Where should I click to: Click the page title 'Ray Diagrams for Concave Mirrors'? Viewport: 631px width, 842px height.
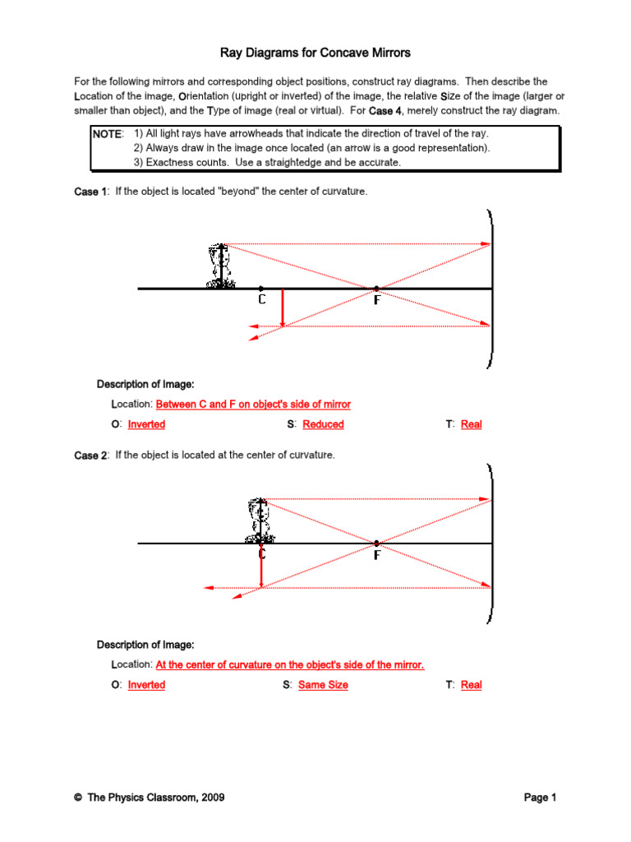(x=315, y=53)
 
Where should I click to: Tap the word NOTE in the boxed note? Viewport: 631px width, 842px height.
(x=108, y=133)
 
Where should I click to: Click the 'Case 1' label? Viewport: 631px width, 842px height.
(x=90, y=192)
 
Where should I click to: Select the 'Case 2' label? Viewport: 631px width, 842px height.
(x=90, y=456)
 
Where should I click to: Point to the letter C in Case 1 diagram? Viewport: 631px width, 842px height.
(x=261, y=301)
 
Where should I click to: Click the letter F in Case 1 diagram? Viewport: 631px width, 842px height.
(x=376, y=301)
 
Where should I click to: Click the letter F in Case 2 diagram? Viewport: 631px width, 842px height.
(x=376, y=556)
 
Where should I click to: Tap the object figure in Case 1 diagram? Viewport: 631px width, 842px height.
(x=219, y=266)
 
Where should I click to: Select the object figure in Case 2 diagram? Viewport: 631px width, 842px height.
(x=260, y=520)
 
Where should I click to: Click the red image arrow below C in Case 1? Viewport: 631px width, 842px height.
(x=282, y=308)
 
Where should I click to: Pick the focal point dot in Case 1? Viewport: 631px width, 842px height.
(x=376, y=289)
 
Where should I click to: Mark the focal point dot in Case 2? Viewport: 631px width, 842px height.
(x=376, y=544)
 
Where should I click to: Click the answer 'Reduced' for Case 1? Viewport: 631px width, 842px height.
(x=323, y=424)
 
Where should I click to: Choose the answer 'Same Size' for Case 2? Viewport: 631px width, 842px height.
(x=323, y=685)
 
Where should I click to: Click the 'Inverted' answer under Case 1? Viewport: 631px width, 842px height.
(x=146, y=424)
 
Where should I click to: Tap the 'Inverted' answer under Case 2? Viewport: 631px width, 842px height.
(x=146, y=685)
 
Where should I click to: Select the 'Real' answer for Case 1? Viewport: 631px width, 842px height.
(x=471, y=424)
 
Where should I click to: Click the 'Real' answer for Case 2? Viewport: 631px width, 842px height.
(x=471, y=685)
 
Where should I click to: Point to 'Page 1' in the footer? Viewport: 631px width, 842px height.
(x=541, y=798)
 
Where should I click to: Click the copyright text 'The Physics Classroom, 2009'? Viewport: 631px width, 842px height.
(x=155, y=798)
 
